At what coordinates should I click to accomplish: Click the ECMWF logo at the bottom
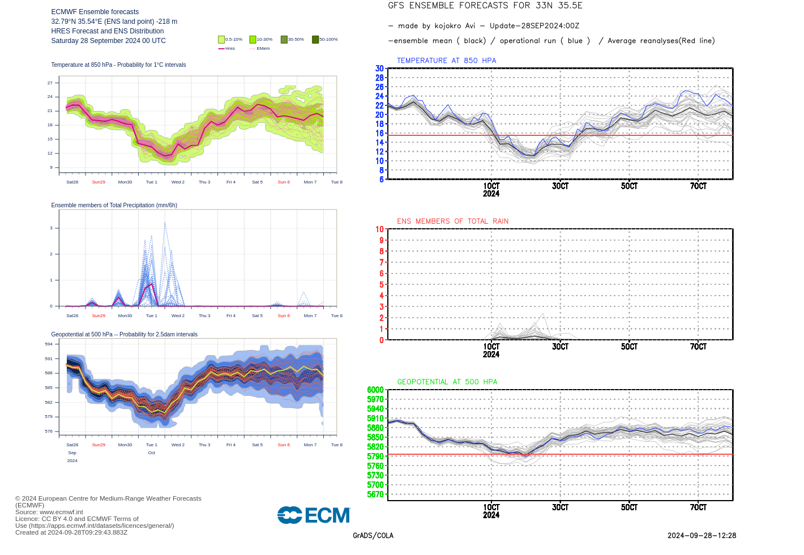[314, 515]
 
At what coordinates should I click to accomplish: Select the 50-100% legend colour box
[315, 40]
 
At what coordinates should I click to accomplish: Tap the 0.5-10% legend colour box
[221, 40]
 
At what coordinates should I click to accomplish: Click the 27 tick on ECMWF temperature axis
[50, 83]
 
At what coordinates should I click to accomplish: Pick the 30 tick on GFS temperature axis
[379, 69]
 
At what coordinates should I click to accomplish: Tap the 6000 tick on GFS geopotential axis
[375, 390]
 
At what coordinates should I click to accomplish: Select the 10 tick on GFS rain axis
[379, 229]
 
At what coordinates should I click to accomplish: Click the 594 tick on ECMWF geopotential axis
[49, 344]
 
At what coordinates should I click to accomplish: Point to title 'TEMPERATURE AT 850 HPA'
[446, 61]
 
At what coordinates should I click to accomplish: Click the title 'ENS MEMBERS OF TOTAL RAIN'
[452, 221]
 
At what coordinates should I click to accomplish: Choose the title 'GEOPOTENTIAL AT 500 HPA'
[447, 382]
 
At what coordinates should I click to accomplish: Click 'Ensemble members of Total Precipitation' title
[114, 205]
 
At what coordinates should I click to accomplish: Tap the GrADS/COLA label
[373, 536]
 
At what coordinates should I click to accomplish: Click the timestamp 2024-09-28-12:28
[702, 536]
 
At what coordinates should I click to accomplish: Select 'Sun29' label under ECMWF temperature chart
[99, 182]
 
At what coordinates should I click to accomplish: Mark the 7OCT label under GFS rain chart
[698, 347]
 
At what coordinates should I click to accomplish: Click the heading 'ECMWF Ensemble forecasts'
[95, 12]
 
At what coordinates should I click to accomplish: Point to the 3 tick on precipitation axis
[51, 228]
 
